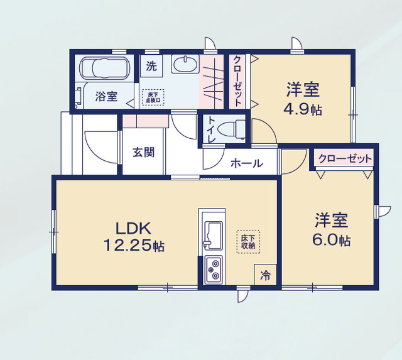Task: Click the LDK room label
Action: click(133, 227)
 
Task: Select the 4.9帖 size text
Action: click(303, 109)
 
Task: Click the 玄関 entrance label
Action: click(143, 152)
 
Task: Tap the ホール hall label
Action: click(246, 163)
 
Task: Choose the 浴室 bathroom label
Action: click(106, 96)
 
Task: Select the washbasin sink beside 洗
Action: click(185, 65)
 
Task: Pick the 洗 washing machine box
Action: click(151, 65)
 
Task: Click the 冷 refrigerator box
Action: click(266, 275)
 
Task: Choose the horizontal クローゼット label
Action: click(345, 158)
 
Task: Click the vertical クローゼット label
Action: click(238, 81)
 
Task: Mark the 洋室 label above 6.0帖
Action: click(332, 221)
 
